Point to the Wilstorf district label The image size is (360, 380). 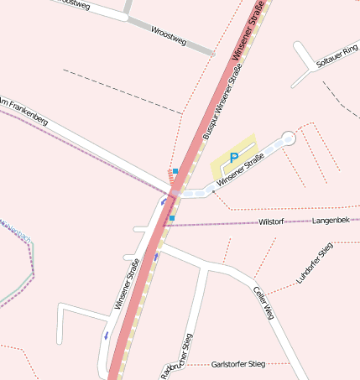[272, 221]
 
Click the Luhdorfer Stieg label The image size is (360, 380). [316, 263]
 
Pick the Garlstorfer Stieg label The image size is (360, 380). [239, 364]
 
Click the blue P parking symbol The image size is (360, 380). [234, 157]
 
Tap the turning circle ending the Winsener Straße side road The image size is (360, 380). [290, 137]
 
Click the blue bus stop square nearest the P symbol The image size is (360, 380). [175, 171]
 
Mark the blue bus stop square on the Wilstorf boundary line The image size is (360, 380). [172, 218]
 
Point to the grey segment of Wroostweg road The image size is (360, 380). [201, 46]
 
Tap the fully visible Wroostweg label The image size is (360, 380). [167, 34]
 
